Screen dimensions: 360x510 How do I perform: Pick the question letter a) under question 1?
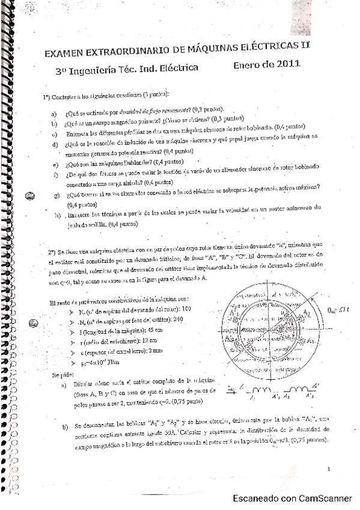54,114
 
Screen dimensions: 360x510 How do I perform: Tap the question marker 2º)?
52,246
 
